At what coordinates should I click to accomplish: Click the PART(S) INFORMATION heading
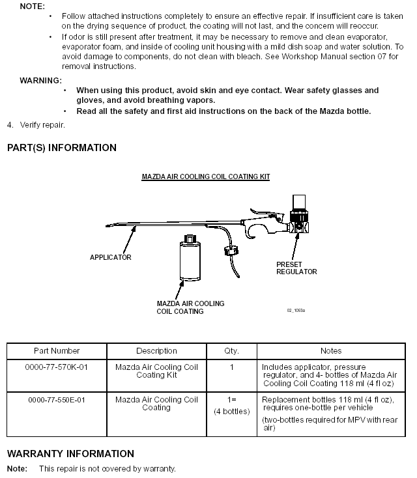pos(61,148)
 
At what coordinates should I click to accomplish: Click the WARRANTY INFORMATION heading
pos(70,454)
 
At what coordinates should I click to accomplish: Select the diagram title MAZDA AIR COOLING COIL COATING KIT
pos(206,176)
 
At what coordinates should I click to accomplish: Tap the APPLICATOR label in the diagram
pos(110,257)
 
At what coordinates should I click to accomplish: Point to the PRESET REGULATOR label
pos(296,268)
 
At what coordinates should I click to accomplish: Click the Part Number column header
pos(56,351)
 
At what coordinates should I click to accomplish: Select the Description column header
pos(156,351)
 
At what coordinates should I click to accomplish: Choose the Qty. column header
pos(231,351)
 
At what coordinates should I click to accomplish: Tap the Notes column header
pos(330,351)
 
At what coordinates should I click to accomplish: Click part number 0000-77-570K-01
pos(56,367)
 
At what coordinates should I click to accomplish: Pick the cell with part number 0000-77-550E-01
pos(56,400)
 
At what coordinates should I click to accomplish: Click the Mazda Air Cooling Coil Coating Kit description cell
pos(156,371)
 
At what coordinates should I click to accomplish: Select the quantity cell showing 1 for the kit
pos(231,367)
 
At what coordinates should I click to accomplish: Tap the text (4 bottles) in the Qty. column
pos(231,412)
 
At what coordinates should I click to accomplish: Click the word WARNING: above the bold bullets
pos(40,80)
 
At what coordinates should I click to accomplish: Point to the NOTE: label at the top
pos(32,5)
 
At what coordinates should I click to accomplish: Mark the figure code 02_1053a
pos(296,310)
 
